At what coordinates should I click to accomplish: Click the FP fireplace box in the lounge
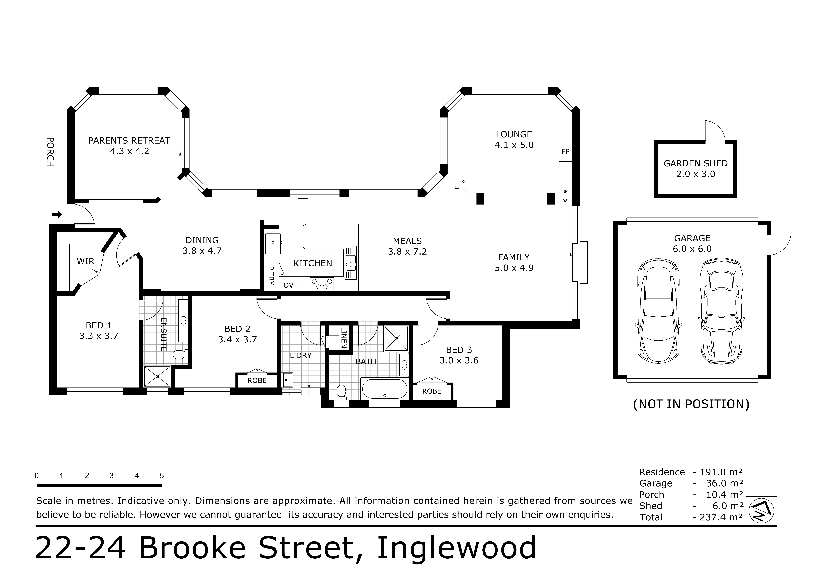[565, 151]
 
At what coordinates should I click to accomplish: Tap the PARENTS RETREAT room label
[129, 141]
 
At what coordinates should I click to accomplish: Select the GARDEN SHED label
[696, 164]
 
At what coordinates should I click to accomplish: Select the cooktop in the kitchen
[322, 284]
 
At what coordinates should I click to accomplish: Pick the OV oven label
[288, 285]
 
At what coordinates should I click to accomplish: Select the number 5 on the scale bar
[162, 476]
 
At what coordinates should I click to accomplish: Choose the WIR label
[85, 261]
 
